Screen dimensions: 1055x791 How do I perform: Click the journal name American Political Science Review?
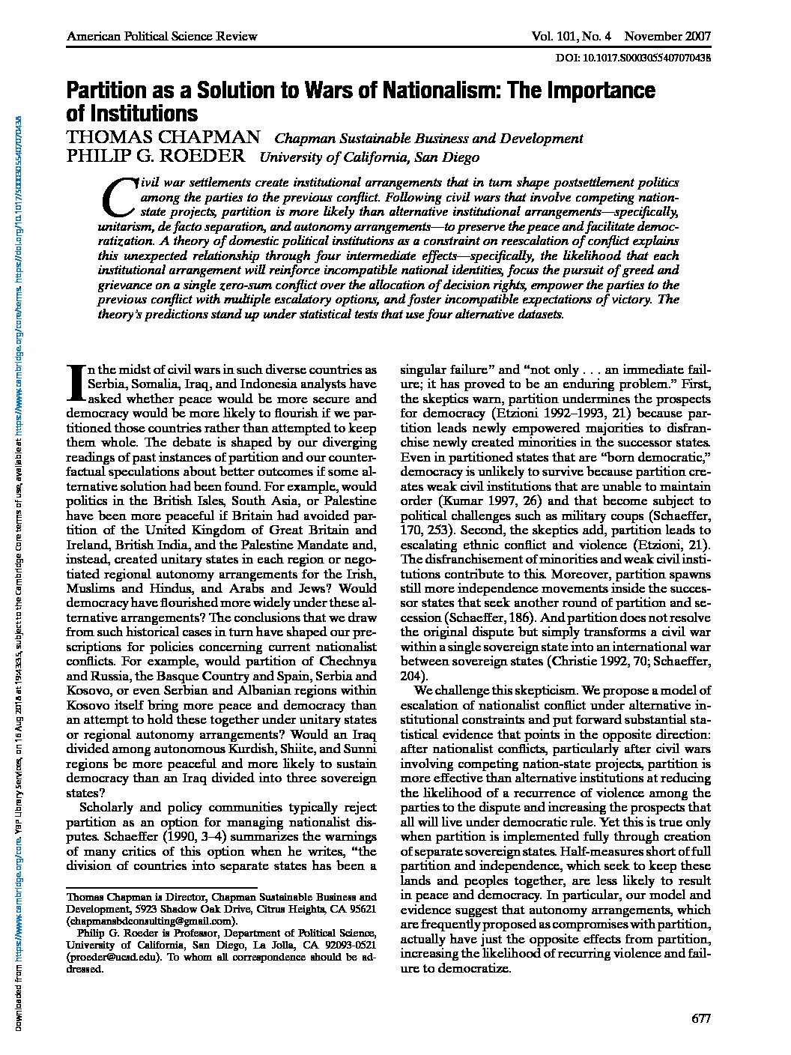(162, 36)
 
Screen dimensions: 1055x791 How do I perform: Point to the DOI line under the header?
(634, 57)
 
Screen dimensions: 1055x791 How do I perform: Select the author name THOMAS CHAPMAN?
(163, 137)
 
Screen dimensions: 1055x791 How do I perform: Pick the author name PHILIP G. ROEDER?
(155, 157)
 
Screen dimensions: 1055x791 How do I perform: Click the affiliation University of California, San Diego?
(369, 157)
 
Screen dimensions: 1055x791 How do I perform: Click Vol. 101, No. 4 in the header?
(571, 36)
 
